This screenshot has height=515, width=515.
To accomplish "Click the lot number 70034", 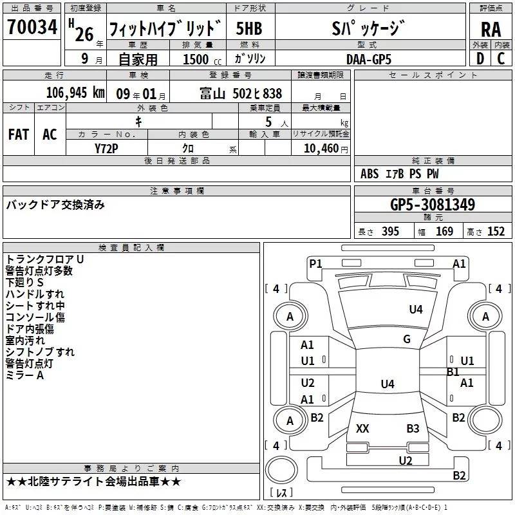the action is [32, 27].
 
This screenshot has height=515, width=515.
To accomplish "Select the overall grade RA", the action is [491, 30].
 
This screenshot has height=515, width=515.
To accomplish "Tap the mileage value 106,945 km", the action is [75, 93].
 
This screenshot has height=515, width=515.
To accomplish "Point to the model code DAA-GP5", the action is [369, 59].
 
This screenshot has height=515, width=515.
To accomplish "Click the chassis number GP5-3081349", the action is [433, 204].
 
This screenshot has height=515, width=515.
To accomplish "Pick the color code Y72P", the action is [106, 149].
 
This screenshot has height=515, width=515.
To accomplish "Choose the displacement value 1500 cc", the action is [202, 59].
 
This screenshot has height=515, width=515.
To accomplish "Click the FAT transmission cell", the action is [19, 135].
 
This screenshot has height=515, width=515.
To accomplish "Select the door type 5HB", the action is [249, 28].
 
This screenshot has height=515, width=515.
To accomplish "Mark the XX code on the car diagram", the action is [362, 428].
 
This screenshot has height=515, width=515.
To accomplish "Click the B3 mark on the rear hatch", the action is [413, 428].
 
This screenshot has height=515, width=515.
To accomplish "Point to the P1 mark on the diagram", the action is [315, 264].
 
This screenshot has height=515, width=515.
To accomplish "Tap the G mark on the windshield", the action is [407, 339].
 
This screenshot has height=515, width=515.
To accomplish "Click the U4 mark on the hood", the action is [416, 310].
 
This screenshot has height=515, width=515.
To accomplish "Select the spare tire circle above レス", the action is [281, 470].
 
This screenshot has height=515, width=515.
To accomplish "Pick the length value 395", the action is [390, 231].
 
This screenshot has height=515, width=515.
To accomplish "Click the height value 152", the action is [496, 231].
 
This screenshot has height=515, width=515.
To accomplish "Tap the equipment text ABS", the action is [370, 174].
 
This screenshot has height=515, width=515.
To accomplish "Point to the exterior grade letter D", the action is [480, 59].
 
